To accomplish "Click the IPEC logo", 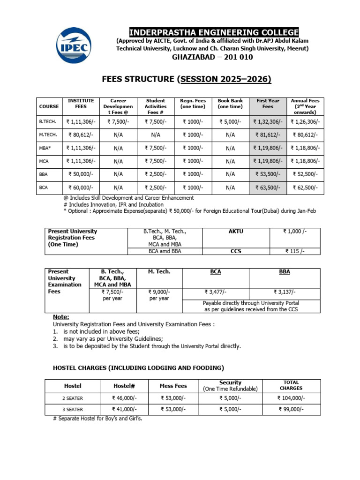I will point(74,45).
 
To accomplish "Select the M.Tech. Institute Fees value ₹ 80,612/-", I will point(81,135).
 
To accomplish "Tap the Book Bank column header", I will point(230,104).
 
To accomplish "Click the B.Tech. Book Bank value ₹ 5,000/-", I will point(230,122).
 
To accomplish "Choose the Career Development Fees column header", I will point(118,107).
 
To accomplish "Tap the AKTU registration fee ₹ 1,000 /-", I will point(295,232).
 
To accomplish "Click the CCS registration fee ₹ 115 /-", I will point(295,251).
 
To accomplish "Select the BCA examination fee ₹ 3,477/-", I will point(215,292).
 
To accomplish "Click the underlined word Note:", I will point(61,317).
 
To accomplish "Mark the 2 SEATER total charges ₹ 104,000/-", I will point(291,398).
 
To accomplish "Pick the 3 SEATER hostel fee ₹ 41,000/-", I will point(124,409).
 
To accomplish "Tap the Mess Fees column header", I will point(173,386).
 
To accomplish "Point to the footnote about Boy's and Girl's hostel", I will point(98,419).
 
